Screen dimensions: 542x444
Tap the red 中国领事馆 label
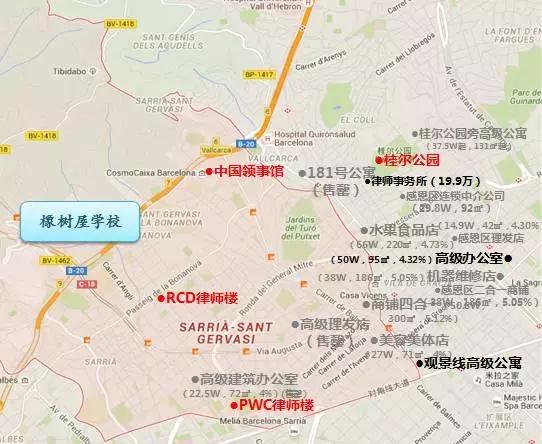click(x=248, y=171)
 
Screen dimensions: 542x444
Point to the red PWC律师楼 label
click(x=275, y=405)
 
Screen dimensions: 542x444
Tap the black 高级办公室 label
click(x=471, y=258)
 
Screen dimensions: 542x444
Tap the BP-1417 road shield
click(x=257, y=73)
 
